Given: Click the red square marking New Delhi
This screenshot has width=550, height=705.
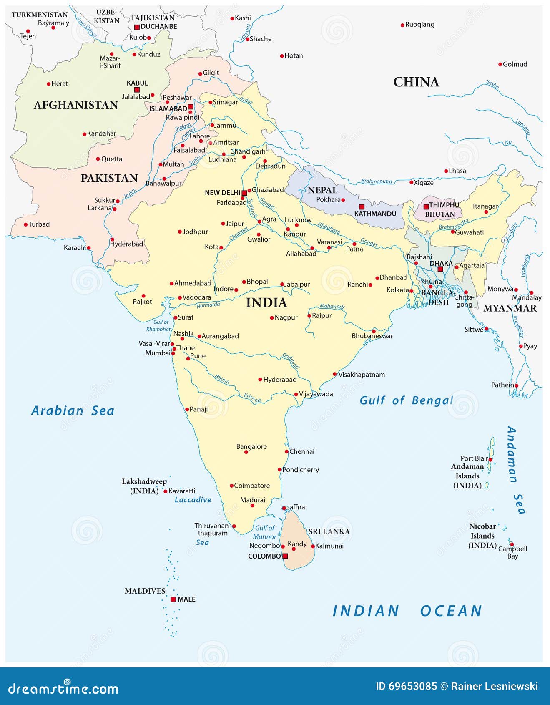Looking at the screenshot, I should pos(244,193).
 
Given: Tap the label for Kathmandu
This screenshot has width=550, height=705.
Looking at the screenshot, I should pos(375,214).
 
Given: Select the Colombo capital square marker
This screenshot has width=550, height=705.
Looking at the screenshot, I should pos(285,556).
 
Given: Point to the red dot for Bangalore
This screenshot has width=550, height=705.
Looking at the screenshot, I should pos(246,452).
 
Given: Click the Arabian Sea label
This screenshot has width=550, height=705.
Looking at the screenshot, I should pos(73,411).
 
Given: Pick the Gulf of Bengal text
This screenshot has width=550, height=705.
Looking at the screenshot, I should pos(407,400).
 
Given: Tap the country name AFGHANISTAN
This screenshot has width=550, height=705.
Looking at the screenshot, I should pos(76,105).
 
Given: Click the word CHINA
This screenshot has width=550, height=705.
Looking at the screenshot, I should pos(416,82).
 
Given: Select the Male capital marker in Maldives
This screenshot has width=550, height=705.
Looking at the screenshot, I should pos(173,599).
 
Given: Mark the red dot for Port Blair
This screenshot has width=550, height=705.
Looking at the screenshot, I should pos(490,460).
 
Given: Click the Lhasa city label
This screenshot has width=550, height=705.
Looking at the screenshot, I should pos(457,171).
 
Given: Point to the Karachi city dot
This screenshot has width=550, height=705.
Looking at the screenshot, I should pos(88,248).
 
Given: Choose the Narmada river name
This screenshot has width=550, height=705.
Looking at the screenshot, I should pos(208,305).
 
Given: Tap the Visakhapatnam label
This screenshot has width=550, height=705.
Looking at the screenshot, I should pos(361,375).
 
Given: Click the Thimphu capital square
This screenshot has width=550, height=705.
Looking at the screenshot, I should pos(426,206).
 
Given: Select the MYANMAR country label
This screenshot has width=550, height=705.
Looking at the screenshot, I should pos(510,308).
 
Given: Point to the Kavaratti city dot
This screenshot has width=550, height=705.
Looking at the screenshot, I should pos(165,491).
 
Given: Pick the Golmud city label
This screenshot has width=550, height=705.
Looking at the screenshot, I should pos(515,64).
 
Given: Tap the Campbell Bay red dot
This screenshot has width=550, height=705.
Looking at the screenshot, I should pos(512,544).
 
